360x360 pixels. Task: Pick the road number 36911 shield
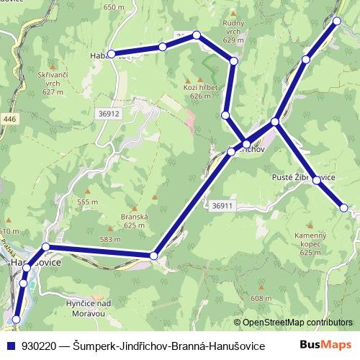tap(224, 205)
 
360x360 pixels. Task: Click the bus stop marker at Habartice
tap(112, 54)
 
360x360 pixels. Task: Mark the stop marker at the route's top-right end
tap(337, 22)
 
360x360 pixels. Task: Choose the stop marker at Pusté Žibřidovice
tap(316, 181)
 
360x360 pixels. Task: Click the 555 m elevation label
tap(87, 202)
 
